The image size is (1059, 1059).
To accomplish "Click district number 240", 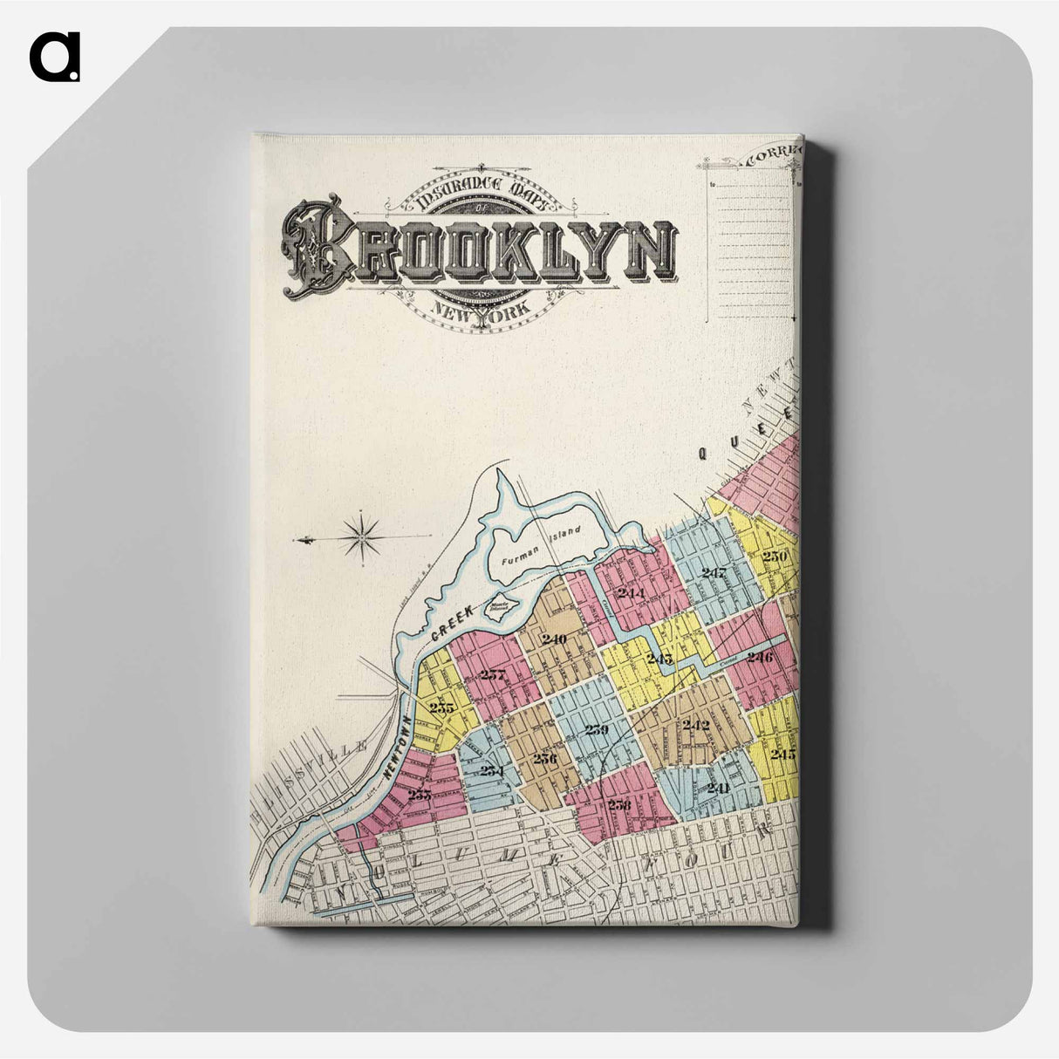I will point(554,639).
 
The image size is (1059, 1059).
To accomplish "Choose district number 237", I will point(493,673).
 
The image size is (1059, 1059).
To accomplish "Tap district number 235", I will point(441,707).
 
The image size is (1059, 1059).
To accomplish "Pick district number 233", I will point(420,793).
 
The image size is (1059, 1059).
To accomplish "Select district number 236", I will point(544,757).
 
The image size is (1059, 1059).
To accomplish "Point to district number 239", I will point(597,729).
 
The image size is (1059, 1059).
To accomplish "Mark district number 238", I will point(619,804).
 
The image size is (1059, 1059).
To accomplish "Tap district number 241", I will point(718,787).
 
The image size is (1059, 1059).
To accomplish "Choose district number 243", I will point(659,658).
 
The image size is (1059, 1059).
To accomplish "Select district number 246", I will point(759,657).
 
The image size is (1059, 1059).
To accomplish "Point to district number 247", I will point(714,573).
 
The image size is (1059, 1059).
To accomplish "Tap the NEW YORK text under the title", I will point(479,311).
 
